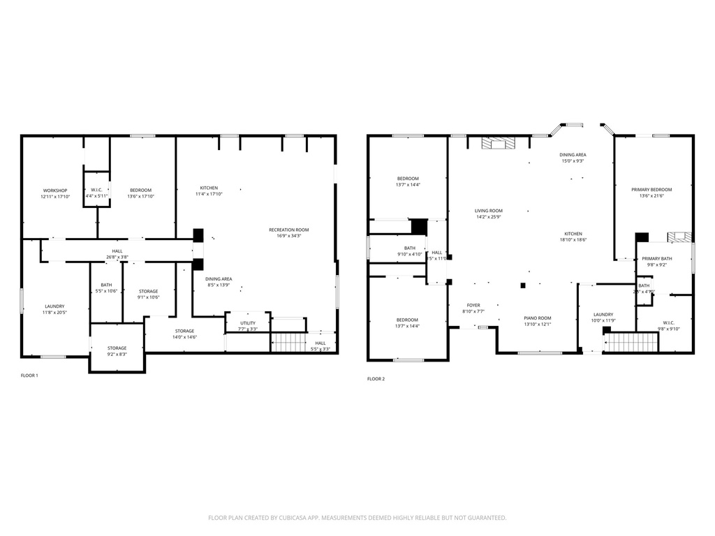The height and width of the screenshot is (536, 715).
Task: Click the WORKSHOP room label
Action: click(55, 191)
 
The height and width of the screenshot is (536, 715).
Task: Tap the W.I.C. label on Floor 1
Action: click(97, 190)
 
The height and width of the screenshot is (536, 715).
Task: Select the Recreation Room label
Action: click(289, 230)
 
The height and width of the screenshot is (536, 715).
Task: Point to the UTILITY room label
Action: click(248, 323)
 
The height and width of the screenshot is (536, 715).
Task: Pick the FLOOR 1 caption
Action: click(29, 375)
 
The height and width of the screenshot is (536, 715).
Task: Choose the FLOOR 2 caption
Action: click(376, 379)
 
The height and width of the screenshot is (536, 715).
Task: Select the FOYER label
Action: click(473, 305)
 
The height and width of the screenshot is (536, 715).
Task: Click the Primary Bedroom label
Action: click(651, 190)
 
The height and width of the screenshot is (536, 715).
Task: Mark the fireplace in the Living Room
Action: click(499, 143)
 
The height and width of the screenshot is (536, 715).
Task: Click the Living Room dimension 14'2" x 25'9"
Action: click(489, 217)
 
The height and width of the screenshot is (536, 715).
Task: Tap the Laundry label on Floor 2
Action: click(603, 315)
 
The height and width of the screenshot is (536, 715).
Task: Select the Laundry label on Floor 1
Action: click(54, 306)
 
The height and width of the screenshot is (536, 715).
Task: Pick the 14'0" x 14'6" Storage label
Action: click(184, 337)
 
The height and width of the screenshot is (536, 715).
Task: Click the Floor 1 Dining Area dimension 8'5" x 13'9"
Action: click(219, 285)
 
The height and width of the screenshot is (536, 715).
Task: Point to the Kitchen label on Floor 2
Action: click(573, 234)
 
